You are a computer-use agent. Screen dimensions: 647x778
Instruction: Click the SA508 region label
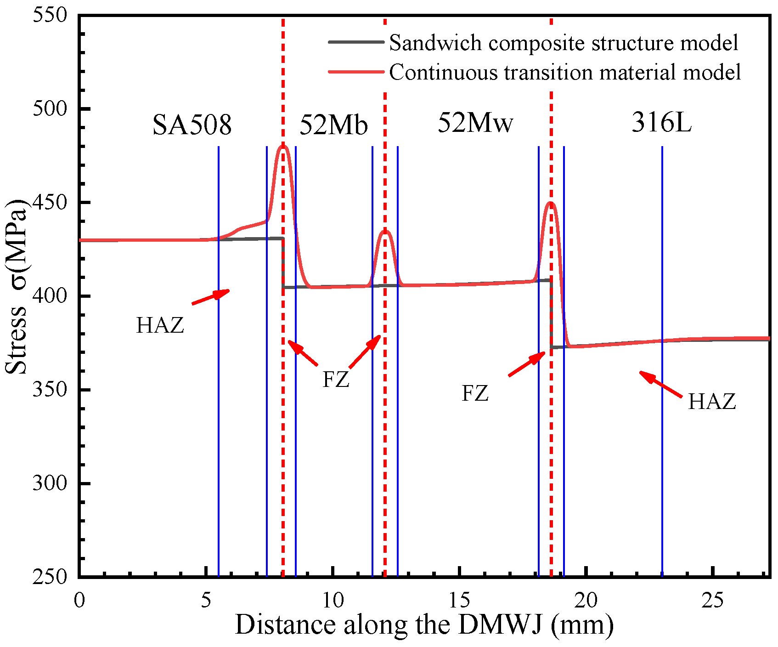192,125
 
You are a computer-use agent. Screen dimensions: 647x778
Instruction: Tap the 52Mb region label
334,125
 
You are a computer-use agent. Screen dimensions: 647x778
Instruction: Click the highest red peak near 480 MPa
283,146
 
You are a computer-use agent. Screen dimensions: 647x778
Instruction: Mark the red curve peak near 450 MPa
551,203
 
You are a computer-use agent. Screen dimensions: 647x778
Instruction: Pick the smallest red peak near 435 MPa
385,231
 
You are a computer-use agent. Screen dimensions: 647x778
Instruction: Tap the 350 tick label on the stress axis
50,390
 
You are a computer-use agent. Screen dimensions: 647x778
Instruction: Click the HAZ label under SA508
160,325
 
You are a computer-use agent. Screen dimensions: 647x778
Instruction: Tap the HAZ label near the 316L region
712,402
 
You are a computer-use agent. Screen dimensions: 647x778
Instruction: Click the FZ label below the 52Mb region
336,380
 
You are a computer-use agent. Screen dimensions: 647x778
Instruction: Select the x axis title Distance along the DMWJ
424,625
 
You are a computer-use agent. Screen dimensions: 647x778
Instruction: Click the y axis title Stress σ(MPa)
17,287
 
